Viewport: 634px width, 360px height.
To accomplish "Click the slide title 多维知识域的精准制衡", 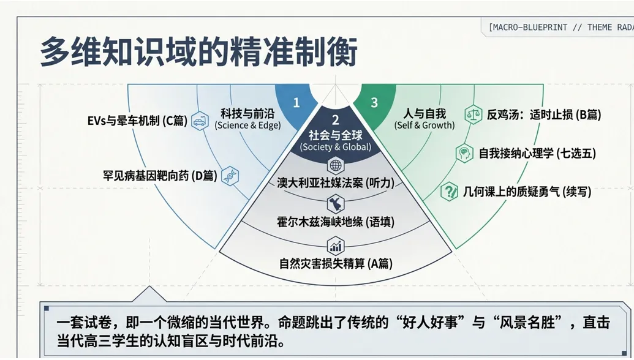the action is [198, 51].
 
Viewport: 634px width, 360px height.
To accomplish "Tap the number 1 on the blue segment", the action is [296, 103].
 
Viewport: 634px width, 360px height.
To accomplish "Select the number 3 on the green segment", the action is [374, 103].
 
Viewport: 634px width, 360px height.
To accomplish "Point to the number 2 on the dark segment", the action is [335, 120].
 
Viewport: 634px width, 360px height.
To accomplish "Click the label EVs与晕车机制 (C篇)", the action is [137, 121].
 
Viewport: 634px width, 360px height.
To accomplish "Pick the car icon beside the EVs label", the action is [200, 121].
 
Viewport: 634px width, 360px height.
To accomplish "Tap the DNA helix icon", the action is [230, 176].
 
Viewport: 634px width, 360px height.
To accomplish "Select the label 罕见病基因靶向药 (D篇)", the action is [160, 176].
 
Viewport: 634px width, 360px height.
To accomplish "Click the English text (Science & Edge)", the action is [247, 126].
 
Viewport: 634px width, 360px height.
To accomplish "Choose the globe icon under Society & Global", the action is [336, 165].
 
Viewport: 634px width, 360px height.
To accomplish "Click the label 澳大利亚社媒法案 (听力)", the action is [336, 183].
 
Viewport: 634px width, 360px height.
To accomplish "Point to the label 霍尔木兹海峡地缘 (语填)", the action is [336, 222].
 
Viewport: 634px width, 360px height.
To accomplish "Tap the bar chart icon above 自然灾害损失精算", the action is [336, 246].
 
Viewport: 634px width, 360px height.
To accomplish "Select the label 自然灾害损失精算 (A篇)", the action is [336, 263].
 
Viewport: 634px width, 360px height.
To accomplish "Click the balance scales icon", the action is [473, 114].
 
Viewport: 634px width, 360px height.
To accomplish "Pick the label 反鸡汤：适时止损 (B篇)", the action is [544, 114].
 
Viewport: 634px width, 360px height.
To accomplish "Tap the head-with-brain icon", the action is [464, 153].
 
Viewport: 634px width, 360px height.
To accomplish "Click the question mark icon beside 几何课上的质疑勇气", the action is [449, 191].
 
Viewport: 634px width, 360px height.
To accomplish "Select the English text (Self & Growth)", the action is [425, 126].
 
